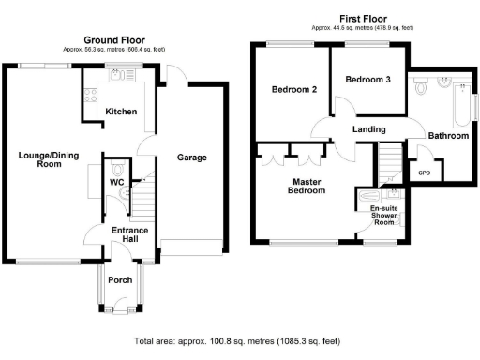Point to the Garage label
point(192,157)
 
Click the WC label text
point(117,182)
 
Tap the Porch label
point(120,279)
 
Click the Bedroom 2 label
point(292,90)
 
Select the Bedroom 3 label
point(367,80)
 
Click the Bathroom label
point(447,136)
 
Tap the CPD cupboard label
point(424,172)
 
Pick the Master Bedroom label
point(307,186)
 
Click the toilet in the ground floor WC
point(117,169)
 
